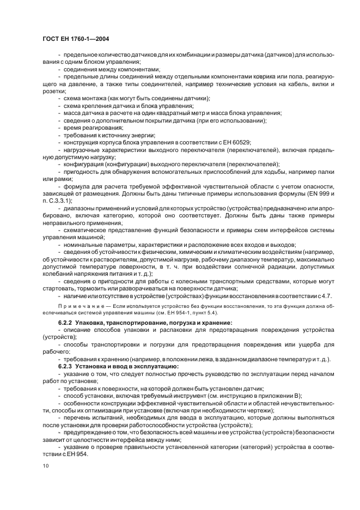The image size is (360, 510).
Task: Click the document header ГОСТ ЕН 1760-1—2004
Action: (x=77, y=38)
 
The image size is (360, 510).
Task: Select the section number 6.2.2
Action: (x=66, y=324)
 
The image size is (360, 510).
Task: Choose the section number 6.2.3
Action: (x=66, y=367)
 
